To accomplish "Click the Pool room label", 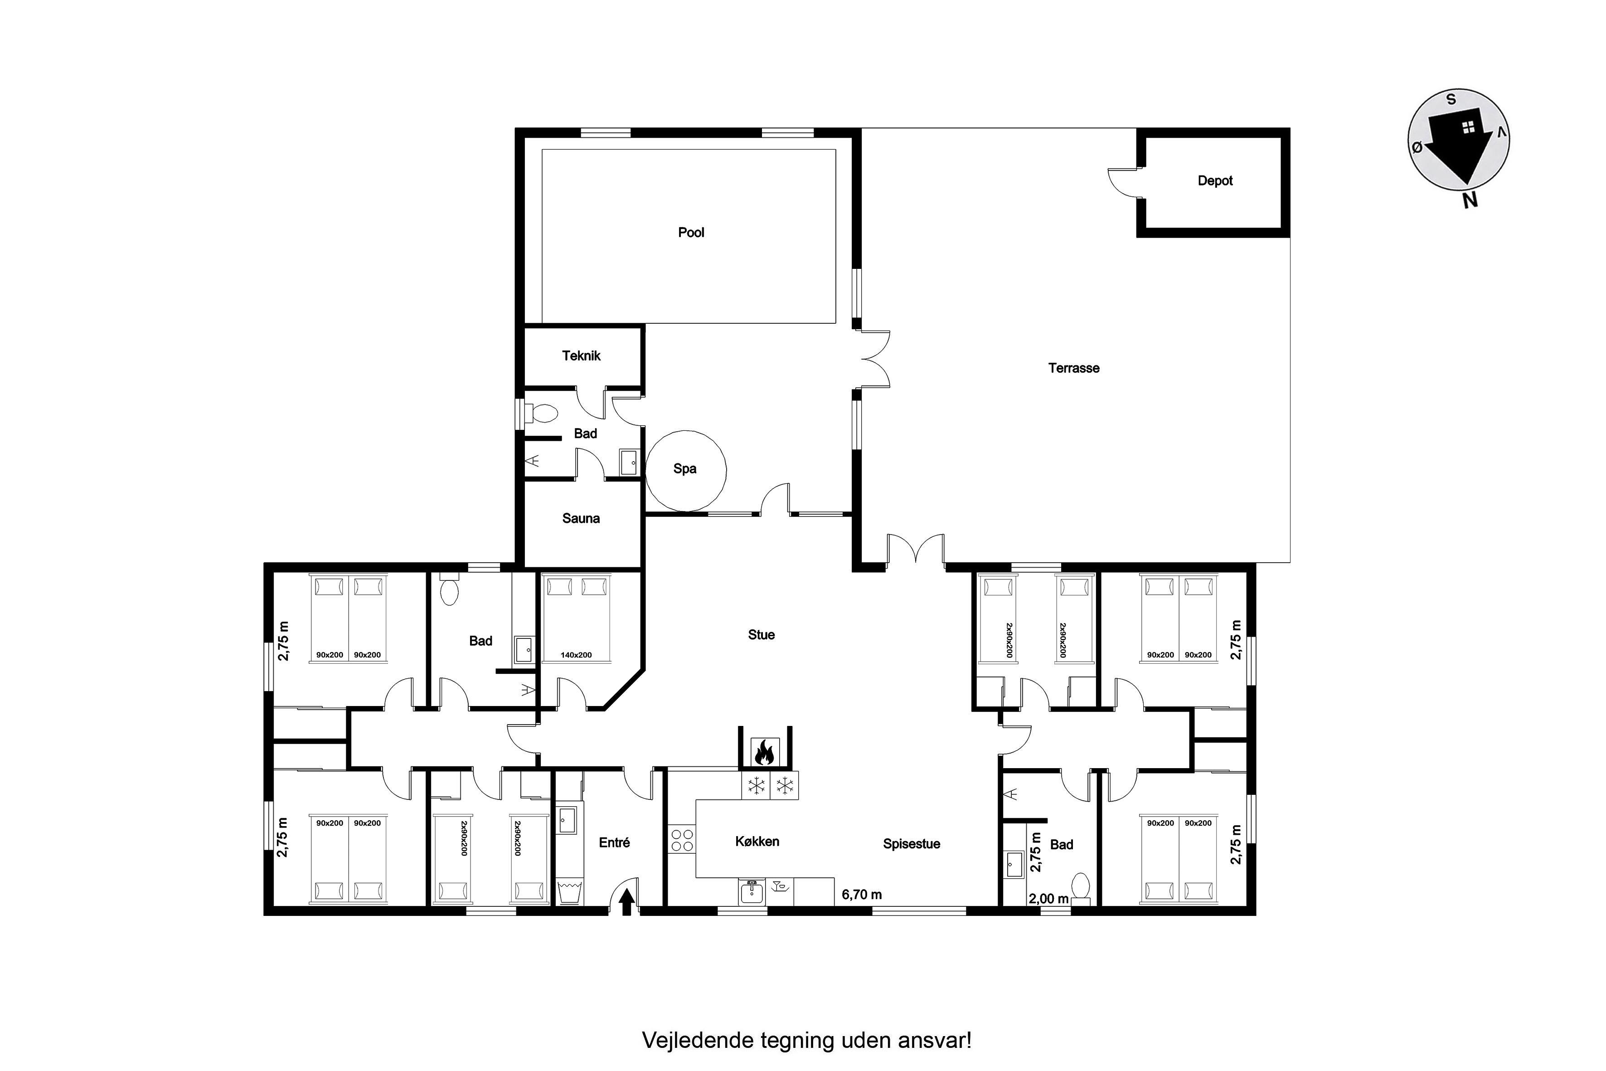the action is (691, 232).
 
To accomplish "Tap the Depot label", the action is (1215, 181).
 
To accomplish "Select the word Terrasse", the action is (1073, 368).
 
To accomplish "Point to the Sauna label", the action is (581, 518).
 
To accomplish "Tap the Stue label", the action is (762, 634).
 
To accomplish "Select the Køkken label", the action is (757, 842).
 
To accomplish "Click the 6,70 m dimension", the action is (862, 894).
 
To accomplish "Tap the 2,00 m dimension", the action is (1048, 899).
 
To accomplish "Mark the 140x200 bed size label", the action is (576, 655).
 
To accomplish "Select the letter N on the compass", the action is (1470, 200).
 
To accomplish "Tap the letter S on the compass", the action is (1451, 100).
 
